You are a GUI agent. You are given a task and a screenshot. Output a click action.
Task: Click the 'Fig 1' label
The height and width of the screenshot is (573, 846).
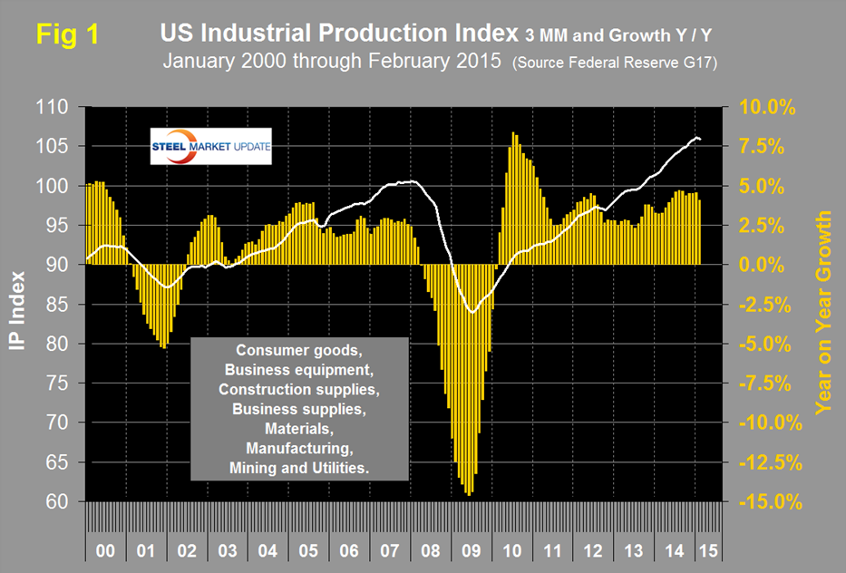67,34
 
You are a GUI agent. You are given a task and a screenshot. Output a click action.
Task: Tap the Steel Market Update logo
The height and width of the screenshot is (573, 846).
210,150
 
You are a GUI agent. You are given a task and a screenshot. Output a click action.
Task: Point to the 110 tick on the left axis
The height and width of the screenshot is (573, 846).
59,107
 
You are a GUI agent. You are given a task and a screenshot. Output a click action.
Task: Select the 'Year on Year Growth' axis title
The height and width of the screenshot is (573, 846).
823,313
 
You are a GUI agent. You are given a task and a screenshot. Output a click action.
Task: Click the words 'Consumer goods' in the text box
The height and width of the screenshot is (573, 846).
297,351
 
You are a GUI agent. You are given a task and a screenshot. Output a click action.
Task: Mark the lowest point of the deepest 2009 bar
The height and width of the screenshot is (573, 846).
469,495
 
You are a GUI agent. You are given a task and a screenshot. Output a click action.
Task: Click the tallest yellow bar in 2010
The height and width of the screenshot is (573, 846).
513,133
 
